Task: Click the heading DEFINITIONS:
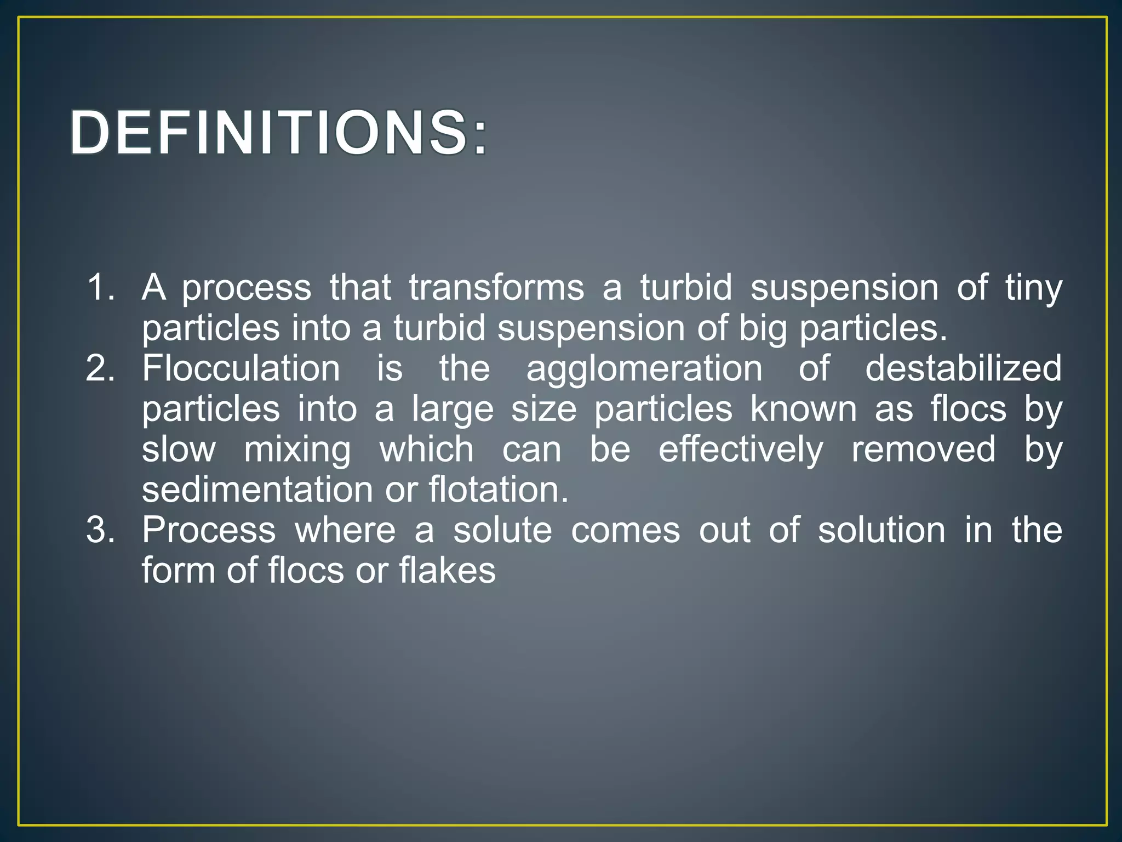pos(278,133)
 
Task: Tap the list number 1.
pos(101,287)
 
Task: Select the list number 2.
pos(101,368)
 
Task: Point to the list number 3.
pos(101,530)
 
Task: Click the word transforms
pos(496,287)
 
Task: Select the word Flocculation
pos(241,368)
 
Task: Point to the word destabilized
pos(963,368)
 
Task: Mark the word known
pos(803,408)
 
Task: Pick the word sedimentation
pos(257,490)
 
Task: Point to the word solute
pos(502,530)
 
